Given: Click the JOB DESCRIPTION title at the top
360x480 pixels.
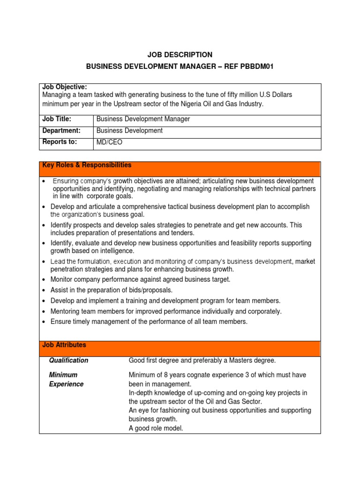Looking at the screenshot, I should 180,55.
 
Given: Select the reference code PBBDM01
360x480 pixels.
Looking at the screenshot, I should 256,67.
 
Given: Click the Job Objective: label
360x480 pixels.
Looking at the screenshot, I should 65,87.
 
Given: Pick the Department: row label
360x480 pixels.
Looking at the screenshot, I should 61,131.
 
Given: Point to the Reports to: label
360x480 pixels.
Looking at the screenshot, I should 60,142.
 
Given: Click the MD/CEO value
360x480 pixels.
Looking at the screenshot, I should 108,142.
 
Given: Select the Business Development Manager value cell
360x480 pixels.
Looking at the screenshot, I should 143,120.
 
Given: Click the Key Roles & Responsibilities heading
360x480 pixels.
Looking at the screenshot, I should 87,165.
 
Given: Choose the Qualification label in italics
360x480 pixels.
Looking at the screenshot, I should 68,360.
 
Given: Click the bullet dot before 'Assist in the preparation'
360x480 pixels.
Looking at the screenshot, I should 44,290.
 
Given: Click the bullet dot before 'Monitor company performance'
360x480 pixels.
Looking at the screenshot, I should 44,280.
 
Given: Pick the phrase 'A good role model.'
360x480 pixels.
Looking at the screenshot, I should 156,428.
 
